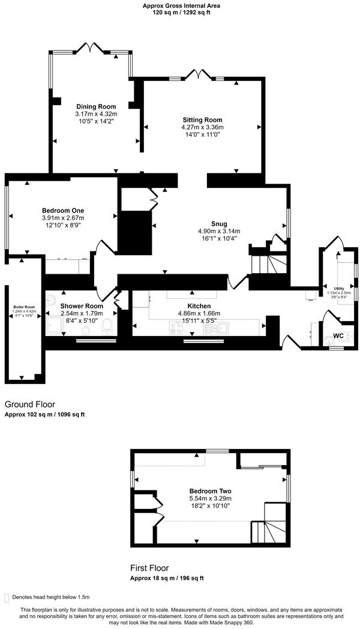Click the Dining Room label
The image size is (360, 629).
[96, 107]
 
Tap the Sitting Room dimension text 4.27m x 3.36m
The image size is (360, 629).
[202, 127]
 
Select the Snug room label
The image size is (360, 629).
[218, 223]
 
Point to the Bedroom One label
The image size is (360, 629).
[63, 210]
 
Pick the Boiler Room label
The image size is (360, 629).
[25, 307]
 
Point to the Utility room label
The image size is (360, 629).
[340, 289]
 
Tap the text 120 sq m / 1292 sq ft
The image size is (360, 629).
[181, 12]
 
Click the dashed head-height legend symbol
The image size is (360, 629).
[7, 598]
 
